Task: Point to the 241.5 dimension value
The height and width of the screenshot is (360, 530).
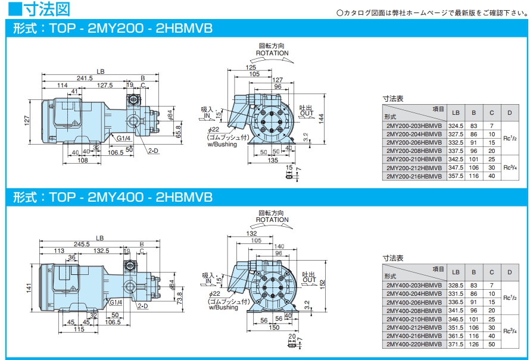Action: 85,78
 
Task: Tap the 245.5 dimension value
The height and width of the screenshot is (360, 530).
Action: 80,244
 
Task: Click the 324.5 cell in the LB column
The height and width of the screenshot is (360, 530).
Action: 456,126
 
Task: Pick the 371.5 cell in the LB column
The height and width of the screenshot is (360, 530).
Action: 456,344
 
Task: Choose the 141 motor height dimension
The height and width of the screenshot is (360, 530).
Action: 28,288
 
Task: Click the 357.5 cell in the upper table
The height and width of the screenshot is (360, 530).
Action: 456,176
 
